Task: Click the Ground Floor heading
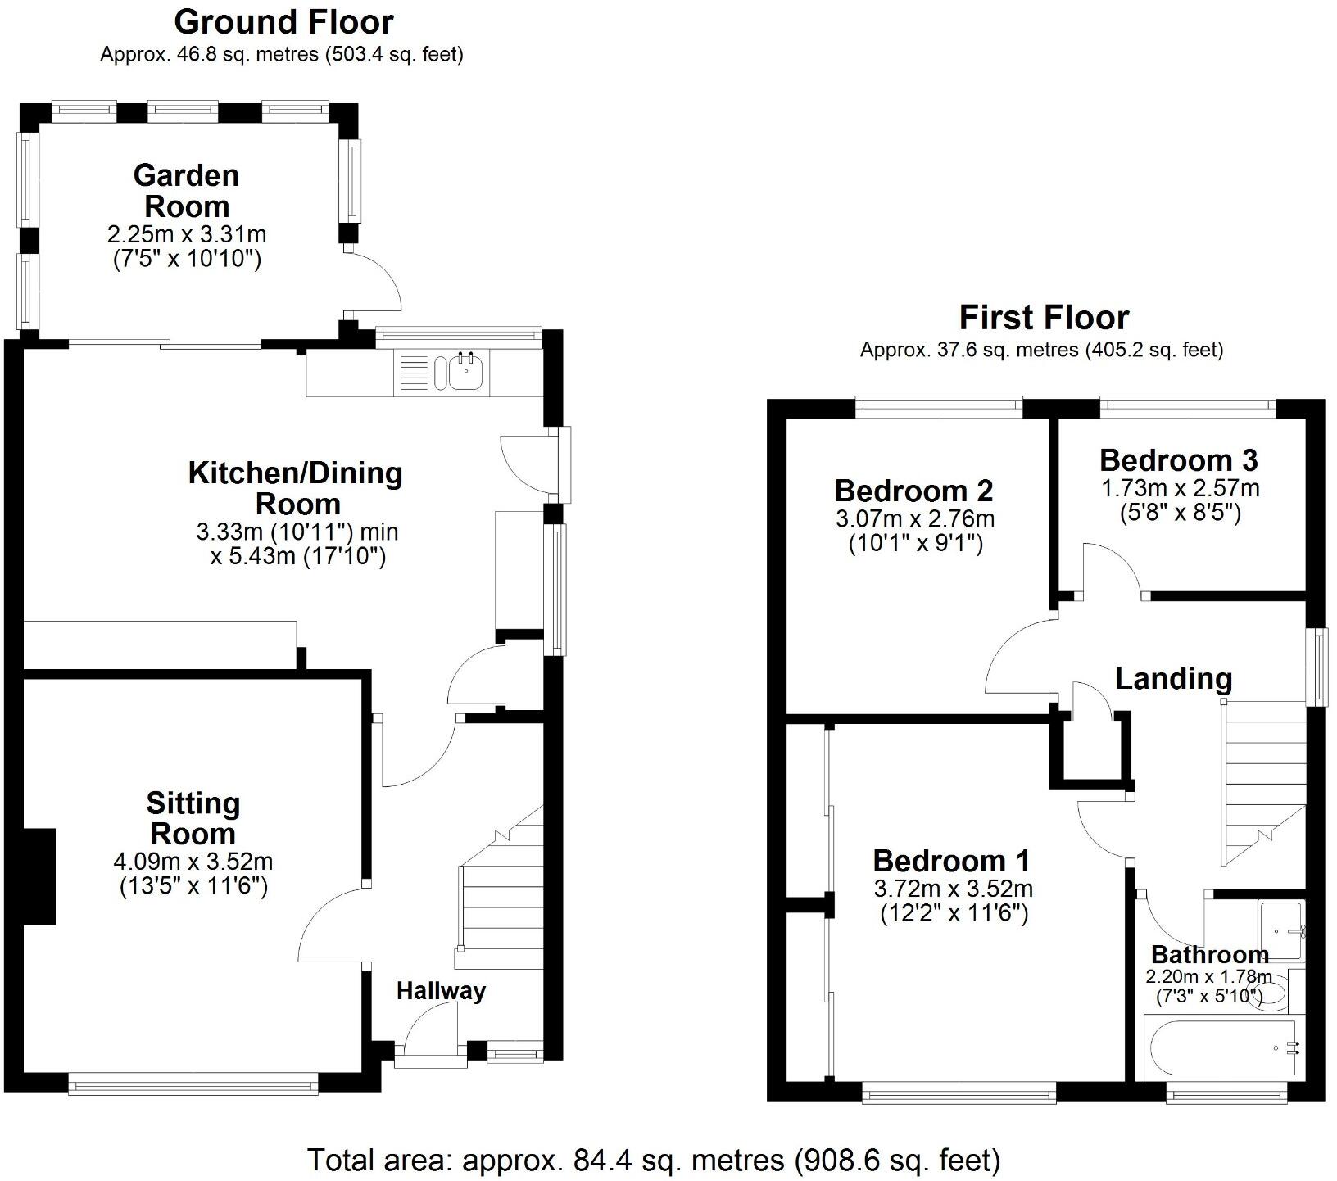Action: coord(283,22)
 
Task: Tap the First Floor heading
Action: coord(1043,317)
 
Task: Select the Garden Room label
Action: coord(187,191)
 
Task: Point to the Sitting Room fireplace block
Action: coord(39,877)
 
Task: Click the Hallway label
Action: coord(441,991)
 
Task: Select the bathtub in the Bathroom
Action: coord(1221,1049)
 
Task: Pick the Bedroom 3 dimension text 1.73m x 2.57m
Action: coord(1180,489)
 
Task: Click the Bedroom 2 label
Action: coord(913,491)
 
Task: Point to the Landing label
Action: coord(1173,679)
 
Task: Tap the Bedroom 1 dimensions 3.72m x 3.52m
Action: coord(953,889)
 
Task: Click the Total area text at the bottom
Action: coord(654,1160)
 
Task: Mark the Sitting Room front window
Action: coord(193,1087)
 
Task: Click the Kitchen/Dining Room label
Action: coord(296,488)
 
